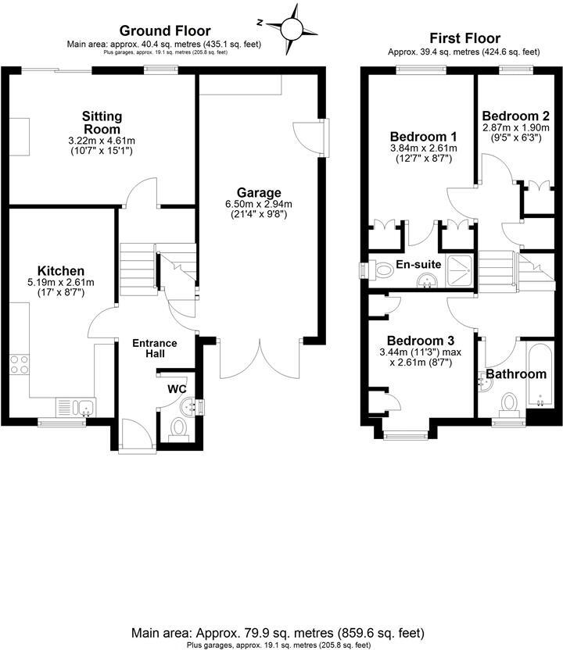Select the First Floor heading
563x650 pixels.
tap(464, 38)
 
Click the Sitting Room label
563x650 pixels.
tap(102, 123)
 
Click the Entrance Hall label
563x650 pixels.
tap(154, 348)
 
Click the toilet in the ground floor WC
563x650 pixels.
tap(178, 427)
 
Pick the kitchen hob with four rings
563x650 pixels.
tap(20, 366)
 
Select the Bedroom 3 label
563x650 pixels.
tap(421, 341)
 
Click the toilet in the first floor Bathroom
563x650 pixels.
tap(509, 402)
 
